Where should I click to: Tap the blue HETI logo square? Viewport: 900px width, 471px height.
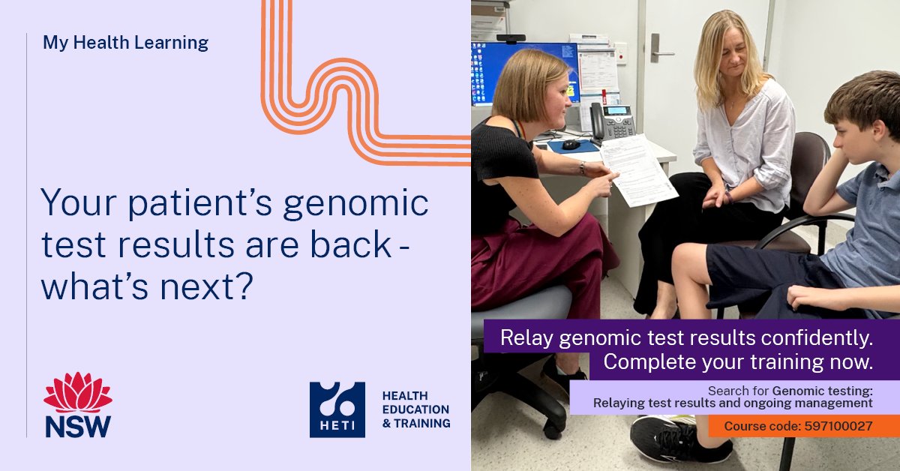[337, 409]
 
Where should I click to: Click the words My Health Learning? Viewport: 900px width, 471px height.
[125, 43]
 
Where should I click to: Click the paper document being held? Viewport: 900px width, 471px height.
[637, 169]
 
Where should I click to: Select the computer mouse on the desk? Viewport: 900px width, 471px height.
[571, 144]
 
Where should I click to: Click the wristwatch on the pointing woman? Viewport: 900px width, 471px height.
[582, 168]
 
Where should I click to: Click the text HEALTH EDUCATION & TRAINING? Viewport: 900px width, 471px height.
[416, 409]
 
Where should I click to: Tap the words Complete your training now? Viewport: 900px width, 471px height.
[738, 361]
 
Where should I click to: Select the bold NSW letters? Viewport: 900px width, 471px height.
[78, 425]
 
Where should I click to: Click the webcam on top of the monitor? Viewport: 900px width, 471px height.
[511, 38]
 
